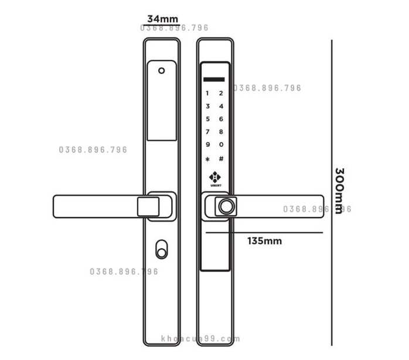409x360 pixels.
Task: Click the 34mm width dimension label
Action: click(x=162, y=19)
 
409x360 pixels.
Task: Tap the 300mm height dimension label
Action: click(x=339, y=191)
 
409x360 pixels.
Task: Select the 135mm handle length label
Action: click(x=264, y=241)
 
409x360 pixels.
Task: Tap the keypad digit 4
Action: click(x=221, y=106)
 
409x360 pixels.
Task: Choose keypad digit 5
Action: click(x=207, y=119)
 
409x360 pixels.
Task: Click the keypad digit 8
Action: click(x=221, y=132)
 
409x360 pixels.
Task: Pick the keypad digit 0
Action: click(x=221, y=145)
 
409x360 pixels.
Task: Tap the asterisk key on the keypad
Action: click(x=207, y=159)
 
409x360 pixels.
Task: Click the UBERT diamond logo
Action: click(x=215, y=177)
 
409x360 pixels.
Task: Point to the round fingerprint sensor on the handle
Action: click(x=226, y=206)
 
